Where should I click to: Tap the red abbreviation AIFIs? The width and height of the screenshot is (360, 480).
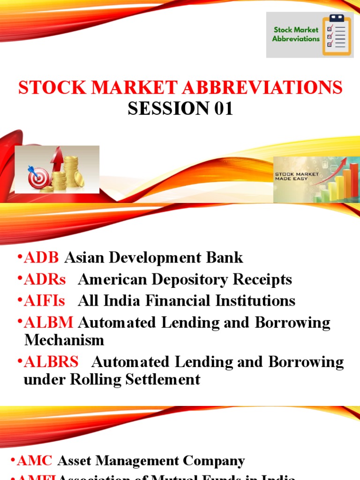(44, 301)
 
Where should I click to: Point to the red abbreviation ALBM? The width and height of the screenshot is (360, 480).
(48, 323)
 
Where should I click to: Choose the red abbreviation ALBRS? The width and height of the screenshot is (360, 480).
(51, 362)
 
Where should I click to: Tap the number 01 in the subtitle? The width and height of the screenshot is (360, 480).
(220, 108)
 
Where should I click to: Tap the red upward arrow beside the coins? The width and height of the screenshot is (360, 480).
(57, 159)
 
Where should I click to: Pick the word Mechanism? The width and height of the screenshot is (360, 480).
(64, 340)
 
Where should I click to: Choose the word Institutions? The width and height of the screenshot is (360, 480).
(255, 301)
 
